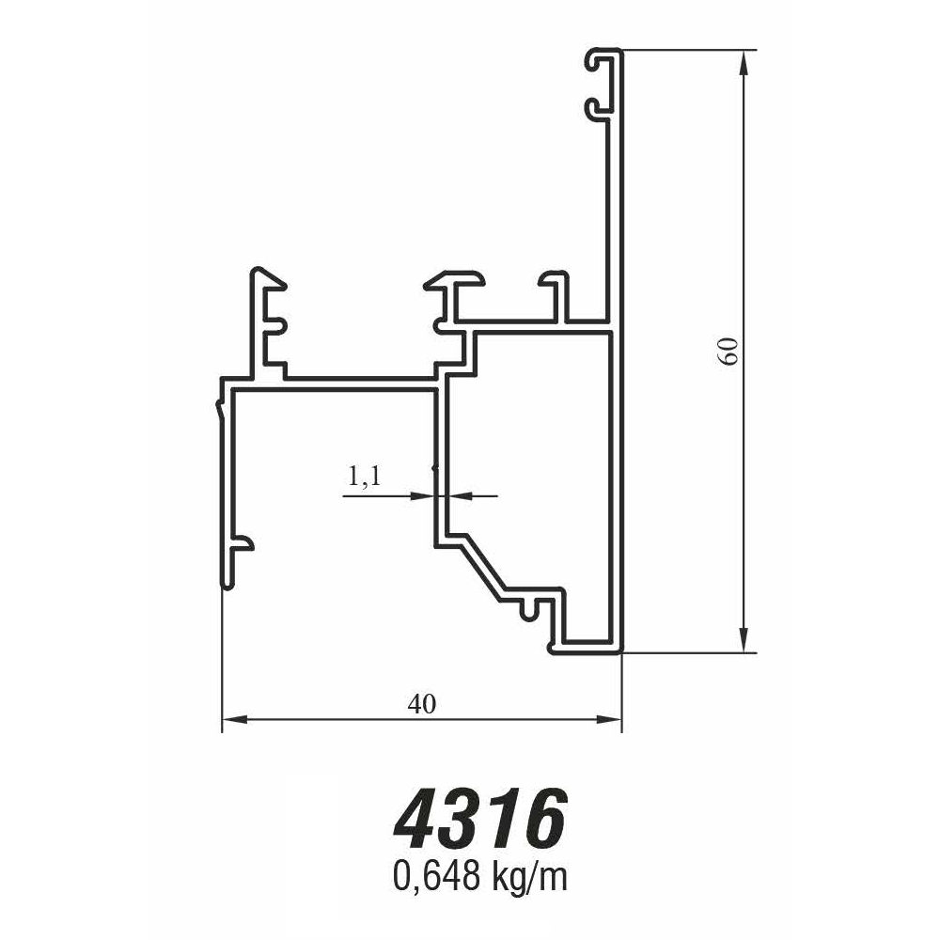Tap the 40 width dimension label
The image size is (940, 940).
[422, 703]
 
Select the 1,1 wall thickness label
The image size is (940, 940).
[364, 478]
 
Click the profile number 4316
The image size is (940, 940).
[480, 818]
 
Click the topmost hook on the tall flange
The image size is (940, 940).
[600, 61]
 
